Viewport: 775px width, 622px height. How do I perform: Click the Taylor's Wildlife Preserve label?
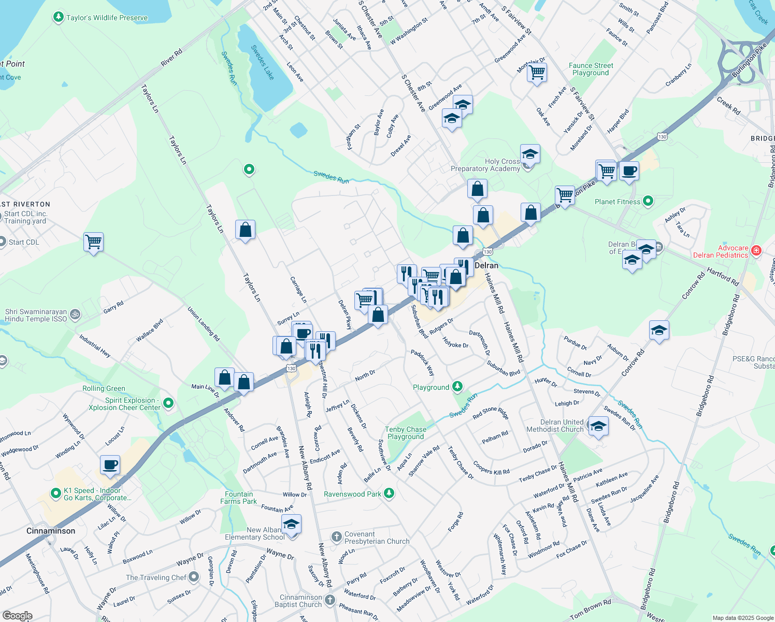coord(107,18)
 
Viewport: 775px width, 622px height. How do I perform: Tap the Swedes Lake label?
coord(262,62)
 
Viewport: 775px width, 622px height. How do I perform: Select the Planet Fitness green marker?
coord(648,201)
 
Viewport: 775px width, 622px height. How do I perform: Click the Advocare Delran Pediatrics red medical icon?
coord(756,251)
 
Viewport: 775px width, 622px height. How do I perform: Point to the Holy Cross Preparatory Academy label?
coord(485,165)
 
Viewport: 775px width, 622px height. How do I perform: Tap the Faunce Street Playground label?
coord(591,69)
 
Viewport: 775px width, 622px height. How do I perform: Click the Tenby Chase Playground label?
coord(406,433)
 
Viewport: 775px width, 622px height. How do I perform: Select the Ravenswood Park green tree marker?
coord(389,493)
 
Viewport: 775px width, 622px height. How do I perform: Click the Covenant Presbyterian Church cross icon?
coord(336,536)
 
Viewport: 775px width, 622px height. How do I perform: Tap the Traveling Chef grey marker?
coord(194,576)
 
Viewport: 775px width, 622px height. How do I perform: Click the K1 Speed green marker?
coord(56,493)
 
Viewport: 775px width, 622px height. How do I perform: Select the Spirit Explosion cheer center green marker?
coord(168,403)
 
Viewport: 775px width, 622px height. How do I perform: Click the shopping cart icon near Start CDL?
coord(94,242)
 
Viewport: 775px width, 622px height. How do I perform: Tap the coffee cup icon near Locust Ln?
coord(110,465)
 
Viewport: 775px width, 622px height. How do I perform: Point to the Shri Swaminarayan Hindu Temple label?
coord(36,315)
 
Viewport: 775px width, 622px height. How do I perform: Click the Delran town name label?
coord(486,265)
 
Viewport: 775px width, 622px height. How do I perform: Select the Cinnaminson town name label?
coord(51,531)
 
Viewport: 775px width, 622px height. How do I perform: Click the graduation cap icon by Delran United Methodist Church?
coord(598,427)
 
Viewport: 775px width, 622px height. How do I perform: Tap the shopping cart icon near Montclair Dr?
coord(537,72)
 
